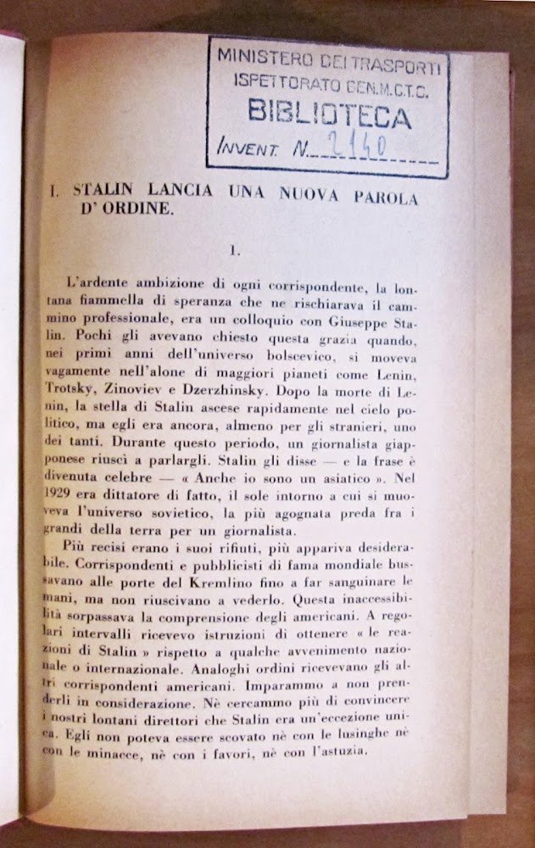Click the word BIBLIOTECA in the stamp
[330, 114]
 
